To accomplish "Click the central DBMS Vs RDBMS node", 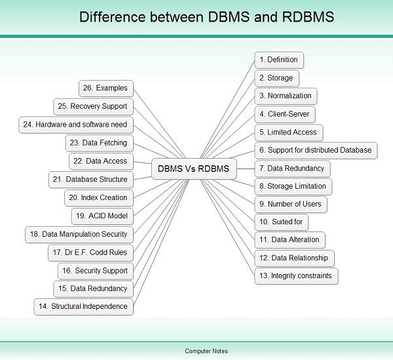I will click(194, 169).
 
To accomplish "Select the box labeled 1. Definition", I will click(278, 60).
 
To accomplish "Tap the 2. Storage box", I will click(276, 78).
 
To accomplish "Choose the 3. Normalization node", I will click(285, 96).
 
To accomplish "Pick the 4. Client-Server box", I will click(284, 114).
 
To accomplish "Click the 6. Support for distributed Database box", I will click(315, 150).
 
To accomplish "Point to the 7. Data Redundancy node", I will click(290, 169).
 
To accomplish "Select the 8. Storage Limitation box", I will click(291, 186).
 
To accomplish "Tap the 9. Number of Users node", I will click(290, 204).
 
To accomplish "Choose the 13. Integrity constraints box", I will click(295, 276).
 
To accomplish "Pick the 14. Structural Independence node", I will click(84, 306).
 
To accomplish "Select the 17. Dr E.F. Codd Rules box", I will click(90, 252).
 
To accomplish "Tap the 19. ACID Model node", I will click(102, 216).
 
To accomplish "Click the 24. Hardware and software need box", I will click(77, 124).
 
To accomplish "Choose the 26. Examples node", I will click(106, 88).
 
